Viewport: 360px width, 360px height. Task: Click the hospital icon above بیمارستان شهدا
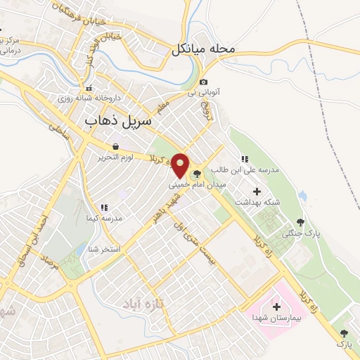(x=275, y=306)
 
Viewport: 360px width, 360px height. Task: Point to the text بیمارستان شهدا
(x=275, y=319)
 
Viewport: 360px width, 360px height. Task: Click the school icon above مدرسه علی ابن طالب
(x=245, y=160)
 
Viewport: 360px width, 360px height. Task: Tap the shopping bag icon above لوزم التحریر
(x=115, y=147)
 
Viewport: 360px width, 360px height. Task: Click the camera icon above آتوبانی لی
(x=204, y=82)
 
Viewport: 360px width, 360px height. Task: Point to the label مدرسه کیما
(x=103, y=218)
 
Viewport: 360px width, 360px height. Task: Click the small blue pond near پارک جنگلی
(x=304, y=195)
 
